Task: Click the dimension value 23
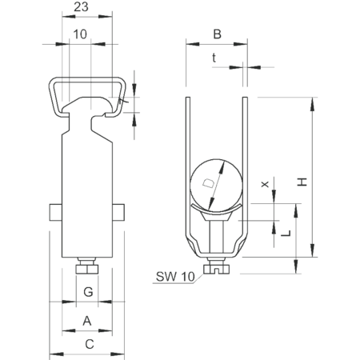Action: coord(81,7)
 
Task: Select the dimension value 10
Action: coord(80,34)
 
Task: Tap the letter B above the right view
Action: coord(217,34)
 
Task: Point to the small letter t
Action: coord(214,58)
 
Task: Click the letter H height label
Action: coord(302,182)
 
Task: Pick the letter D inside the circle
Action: coord(208,183)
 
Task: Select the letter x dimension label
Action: coord(265,184)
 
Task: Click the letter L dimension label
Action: coord(286,234)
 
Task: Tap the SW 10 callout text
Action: coord(175,277)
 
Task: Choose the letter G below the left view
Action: coord(88,292)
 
